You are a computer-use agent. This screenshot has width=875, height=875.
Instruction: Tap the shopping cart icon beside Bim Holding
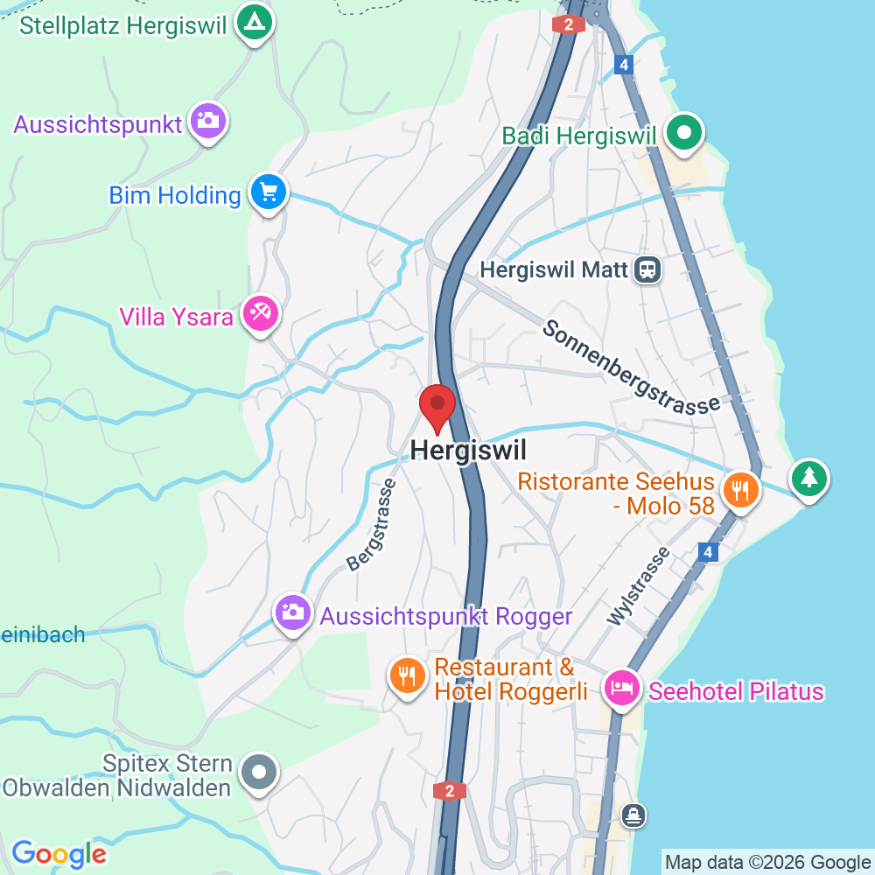[268, 192]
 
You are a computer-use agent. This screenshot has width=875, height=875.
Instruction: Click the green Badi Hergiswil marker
[685, 133]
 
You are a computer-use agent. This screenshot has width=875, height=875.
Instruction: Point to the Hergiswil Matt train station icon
[648, 269]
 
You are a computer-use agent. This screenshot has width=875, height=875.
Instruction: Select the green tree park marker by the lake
[809, 479]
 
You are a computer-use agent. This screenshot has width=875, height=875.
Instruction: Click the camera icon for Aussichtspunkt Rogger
[292, 612]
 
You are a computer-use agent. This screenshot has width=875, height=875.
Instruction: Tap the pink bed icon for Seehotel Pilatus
[623, 688]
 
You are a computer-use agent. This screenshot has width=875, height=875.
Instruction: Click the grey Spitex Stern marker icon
[259, 773]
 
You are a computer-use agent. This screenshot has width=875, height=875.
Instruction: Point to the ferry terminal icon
[633, 816]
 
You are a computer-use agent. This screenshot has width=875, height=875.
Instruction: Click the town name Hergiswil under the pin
[469, 450]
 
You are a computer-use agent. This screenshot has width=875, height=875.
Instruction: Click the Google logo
[59, 853]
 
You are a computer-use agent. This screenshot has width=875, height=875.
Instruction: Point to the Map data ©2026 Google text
[768, 862]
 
